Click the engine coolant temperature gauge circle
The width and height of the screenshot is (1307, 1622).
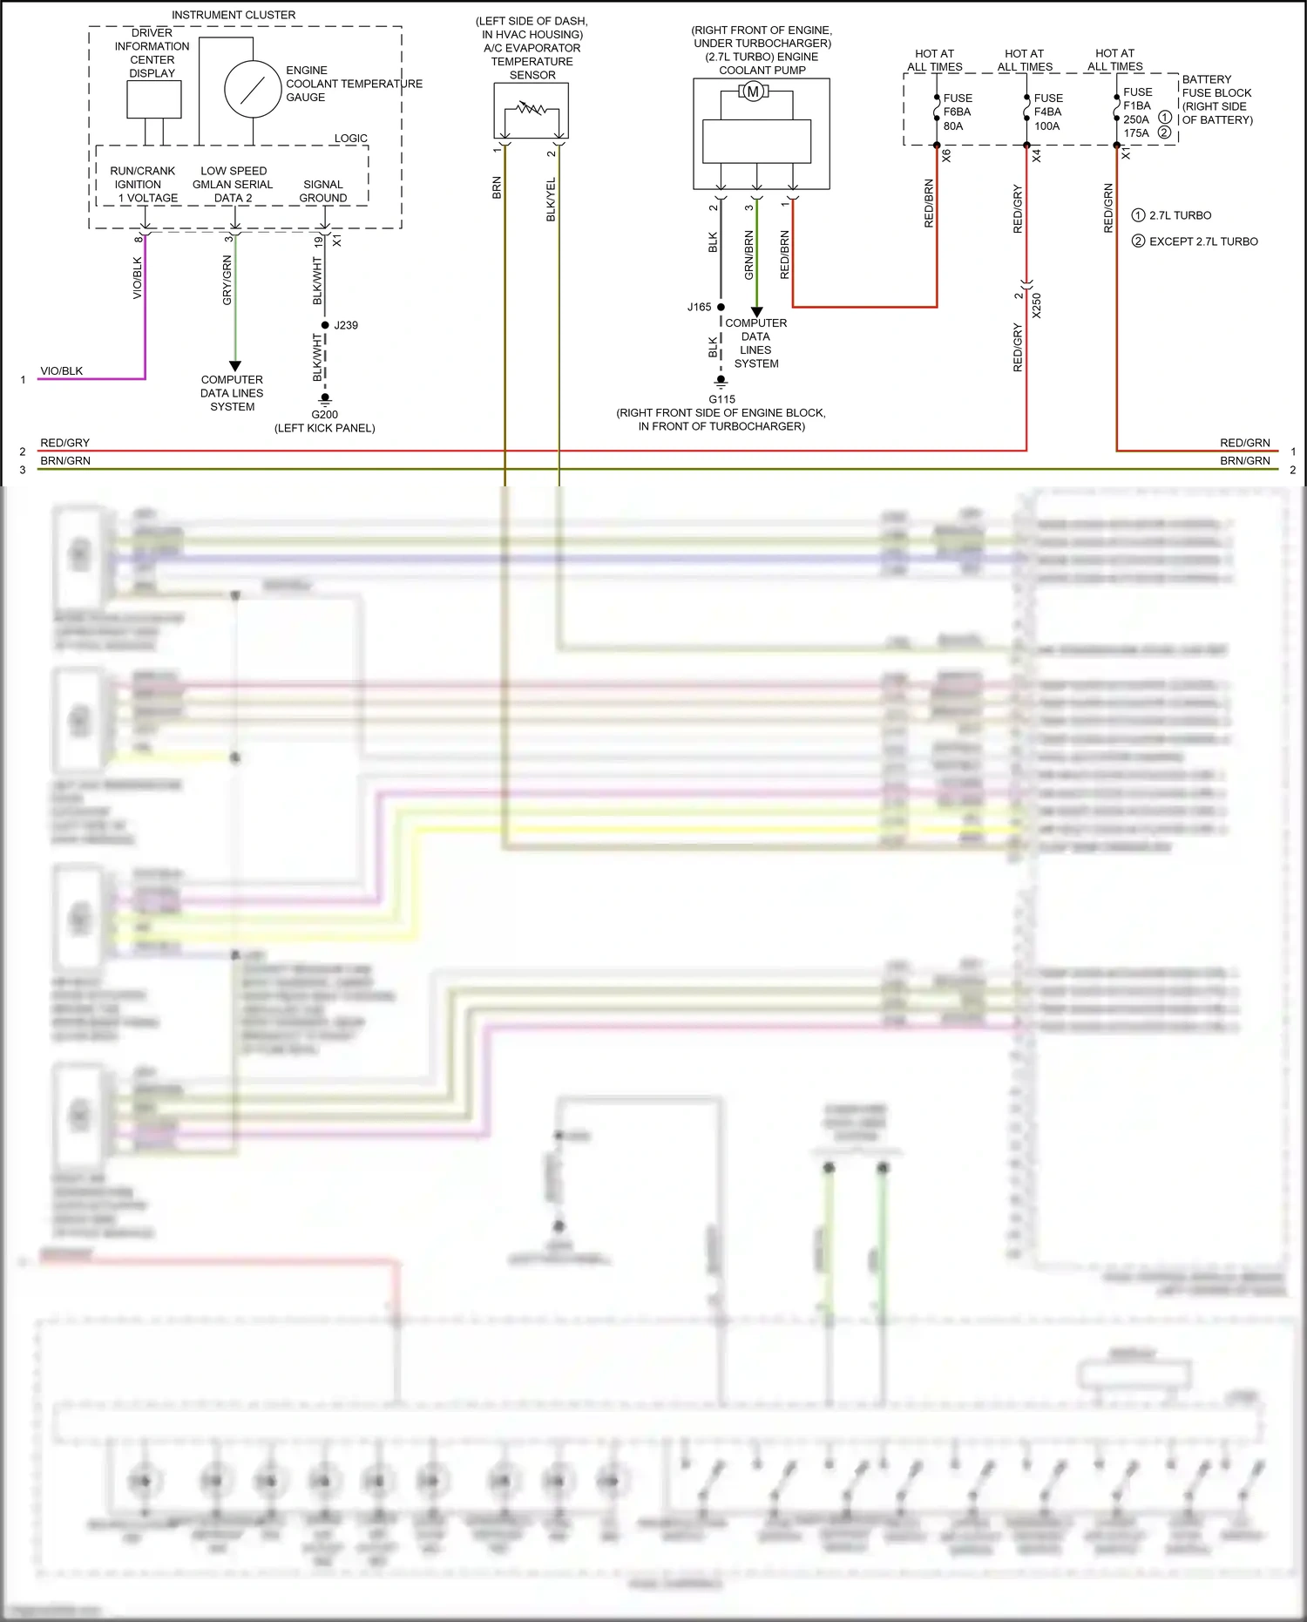click(253, 90)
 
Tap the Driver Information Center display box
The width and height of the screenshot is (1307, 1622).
click(154, 99)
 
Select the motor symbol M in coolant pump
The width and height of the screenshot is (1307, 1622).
click(753, 92)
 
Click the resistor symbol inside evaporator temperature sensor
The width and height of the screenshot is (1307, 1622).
click(532, 110)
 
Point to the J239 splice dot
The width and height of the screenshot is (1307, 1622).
click(325, 325)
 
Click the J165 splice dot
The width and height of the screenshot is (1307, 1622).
click(721, 307)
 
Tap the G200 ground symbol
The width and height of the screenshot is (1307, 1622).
click(325, 399)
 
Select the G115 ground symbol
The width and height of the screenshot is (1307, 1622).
click(721, 382)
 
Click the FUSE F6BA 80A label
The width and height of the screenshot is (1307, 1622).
click(958, 112)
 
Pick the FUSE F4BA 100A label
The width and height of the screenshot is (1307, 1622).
click(1047, 112)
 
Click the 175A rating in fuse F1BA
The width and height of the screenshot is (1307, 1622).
click(1136, 133)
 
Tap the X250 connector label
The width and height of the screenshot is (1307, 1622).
click(1036, 305)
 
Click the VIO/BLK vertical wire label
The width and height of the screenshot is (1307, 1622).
click(137, 277)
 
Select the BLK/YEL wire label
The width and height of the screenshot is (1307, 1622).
click(551, 200)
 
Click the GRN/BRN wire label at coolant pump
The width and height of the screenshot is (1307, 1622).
click(748, 254)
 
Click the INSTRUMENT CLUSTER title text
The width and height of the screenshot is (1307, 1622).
click(234, 15)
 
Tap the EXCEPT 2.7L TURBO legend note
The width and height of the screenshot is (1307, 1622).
click(1202, 241)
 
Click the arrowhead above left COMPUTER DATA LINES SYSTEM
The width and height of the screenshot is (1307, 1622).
click(234, 366)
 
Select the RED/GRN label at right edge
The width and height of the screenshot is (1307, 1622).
click(1244, 443)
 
